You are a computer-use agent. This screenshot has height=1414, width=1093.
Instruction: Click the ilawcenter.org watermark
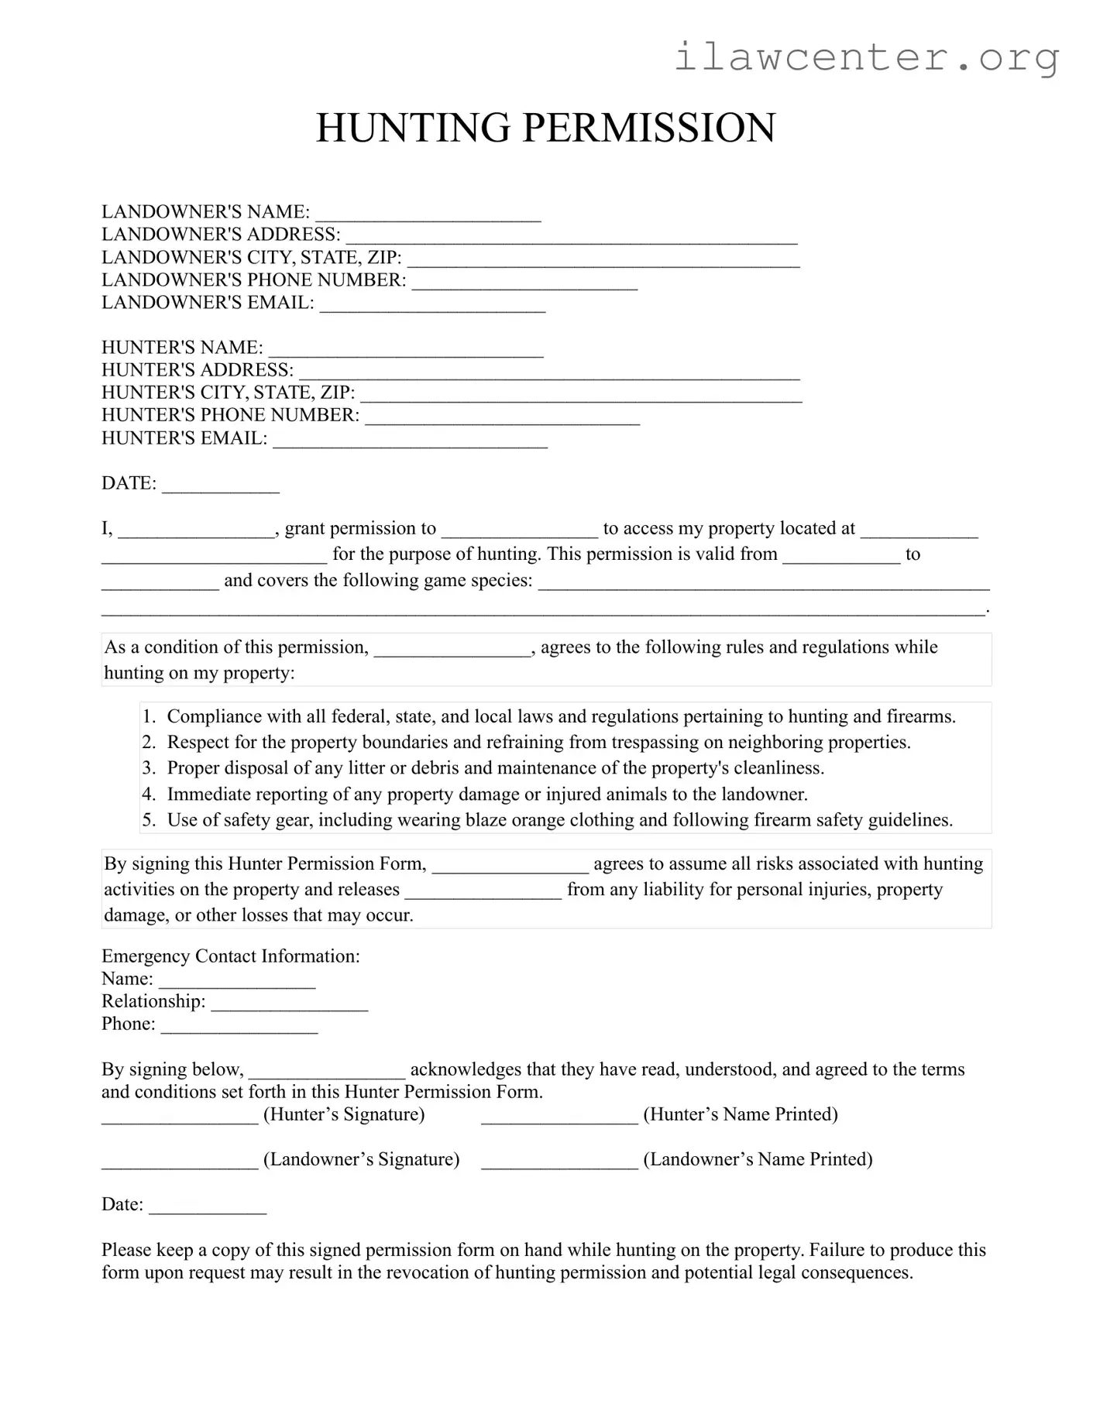[866, 57]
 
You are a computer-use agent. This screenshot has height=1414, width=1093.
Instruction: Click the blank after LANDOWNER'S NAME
[428, 214]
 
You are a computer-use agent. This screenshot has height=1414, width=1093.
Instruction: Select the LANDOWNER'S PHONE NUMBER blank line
[524, 282]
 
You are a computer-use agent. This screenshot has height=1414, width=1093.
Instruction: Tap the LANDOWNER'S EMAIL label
[208, 303]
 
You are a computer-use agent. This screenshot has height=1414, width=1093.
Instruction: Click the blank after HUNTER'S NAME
[406, 349]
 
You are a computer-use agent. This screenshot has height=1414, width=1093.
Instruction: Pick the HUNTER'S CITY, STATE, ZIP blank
[581, 394]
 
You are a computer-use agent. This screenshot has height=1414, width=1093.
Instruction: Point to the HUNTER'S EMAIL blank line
[411, 440]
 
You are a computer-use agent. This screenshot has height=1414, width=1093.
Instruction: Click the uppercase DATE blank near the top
[221, 485]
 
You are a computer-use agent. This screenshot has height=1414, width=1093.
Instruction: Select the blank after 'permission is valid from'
[841, 556]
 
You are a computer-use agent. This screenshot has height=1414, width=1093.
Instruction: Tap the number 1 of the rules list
[149, 717]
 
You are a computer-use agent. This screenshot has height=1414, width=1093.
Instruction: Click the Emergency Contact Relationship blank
[289, 1003]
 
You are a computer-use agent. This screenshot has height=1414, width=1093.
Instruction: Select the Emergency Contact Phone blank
[239, 1025]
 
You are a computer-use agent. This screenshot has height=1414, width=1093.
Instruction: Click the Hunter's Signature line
[180, 1116]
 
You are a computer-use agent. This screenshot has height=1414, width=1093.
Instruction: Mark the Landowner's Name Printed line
[559, 1161]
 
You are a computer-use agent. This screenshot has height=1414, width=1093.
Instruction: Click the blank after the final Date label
[208, 1206]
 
